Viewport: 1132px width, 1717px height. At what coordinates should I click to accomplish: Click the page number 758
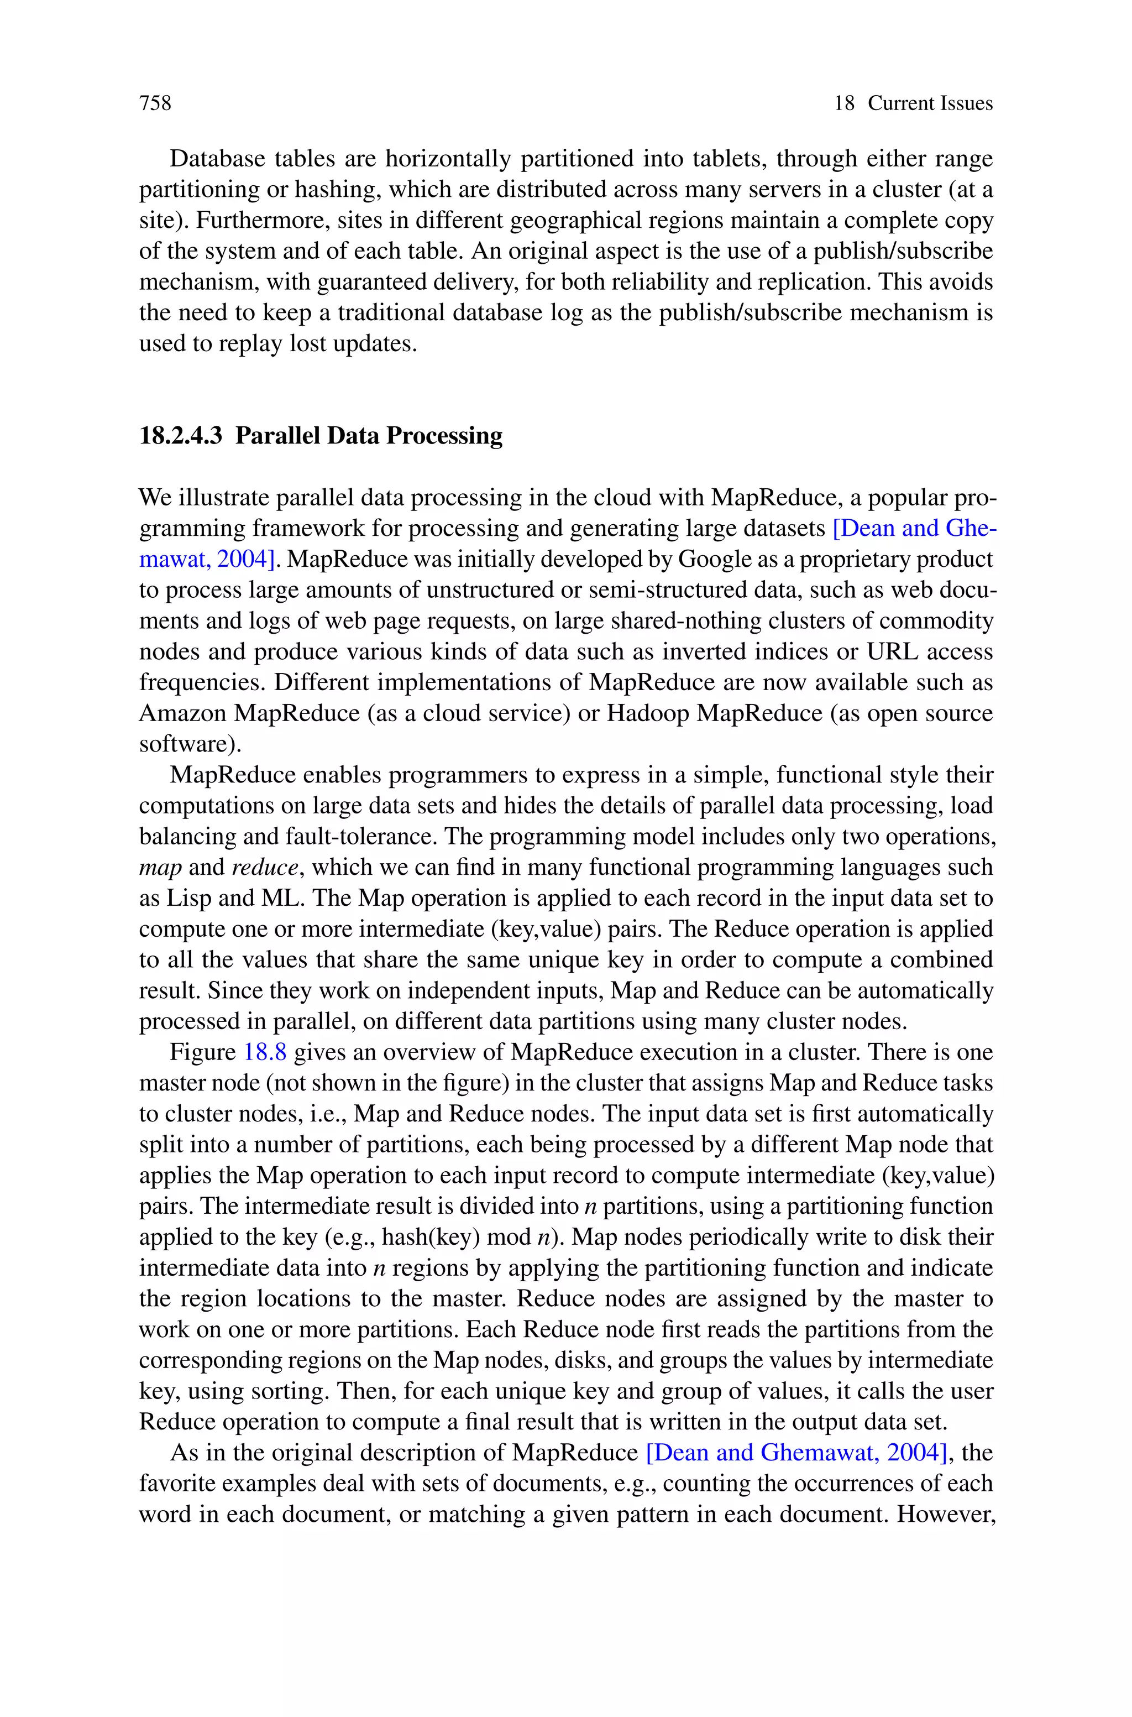pyautogui.click(x=155, y=103)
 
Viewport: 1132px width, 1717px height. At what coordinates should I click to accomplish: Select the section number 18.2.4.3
pyautogui.click(x=181, y=435)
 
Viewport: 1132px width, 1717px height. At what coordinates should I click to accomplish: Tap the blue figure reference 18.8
pyautogui.click(x=265, y=1052)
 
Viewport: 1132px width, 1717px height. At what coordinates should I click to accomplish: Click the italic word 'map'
pyautogui.click(x=160, y=867)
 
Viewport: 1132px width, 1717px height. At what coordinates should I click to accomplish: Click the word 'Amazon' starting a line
pyautogui.click(x=182, y=713)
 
